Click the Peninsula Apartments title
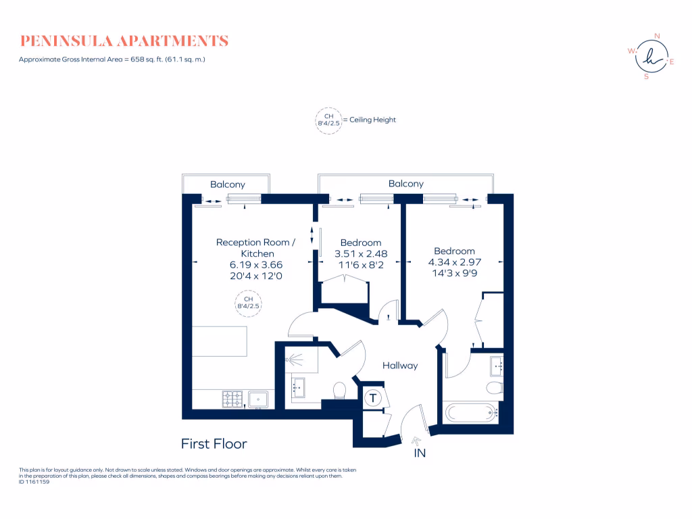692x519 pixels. tap(124, 41)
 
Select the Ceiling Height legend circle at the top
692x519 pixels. tap(328, 120)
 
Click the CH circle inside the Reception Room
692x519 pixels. tap(248, 302)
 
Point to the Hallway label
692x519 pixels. tap(400, 366)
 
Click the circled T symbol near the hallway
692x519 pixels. tap(372, 398)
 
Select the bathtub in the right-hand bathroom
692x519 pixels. tap(471, 412)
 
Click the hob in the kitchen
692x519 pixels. tap(233, 399)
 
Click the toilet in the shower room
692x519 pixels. tap(339, 391)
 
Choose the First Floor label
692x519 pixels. tap(214, 444)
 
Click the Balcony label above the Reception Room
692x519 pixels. tap(227, 184)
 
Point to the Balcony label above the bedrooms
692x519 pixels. tap(405, 183)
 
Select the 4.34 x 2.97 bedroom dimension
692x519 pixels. tap(454, 262)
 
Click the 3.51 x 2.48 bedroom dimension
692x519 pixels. tap(360, 254)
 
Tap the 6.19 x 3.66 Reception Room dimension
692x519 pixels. tap(255, 265)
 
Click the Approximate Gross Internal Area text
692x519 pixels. tap(112, 59)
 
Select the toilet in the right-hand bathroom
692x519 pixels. tap(494, 387)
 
